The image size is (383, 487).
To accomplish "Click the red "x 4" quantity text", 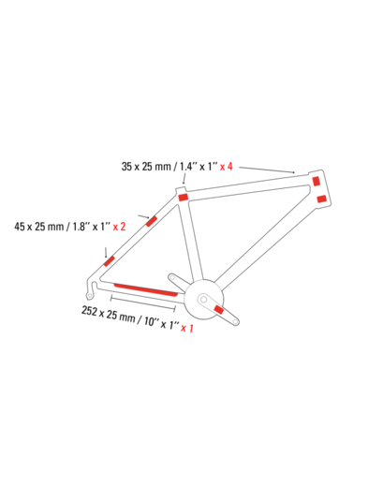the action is point(227,167).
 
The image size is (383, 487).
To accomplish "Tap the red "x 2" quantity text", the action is point(119,227).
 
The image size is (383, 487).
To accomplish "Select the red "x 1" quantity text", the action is point(187,328).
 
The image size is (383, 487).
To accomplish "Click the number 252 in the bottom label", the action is point(89,311).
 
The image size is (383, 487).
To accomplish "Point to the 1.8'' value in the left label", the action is point(79,227).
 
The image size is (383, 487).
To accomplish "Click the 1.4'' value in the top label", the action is point(186,167).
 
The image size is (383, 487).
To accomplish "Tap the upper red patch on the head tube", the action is point(317,181).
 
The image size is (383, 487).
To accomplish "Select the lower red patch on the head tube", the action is point(321,199).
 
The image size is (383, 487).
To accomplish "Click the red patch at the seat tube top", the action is point(183,198).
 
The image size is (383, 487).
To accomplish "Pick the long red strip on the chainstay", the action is point(146,290).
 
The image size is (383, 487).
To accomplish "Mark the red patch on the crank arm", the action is point(218,310).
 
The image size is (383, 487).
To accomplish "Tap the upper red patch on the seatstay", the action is point(152,221).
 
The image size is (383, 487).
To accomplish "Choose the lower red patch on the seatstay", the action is point(110,261).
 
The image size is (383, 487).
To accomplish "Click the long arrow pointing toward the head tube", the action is point(267,170).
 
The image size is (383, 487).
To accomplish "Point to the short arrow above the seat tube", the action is point(184,179).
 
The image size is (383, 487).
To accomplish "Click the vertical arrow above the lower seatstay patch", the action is point(106,253).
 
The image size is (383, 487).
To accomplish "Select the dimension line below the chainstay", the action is point(143,303).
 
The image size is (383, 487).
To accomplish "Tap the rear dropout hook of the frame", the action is point(90,289).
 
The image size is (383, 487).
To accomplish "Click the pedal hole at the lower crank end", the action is point(235,321).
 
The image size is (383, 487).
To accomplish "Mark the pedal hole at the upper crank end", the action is point(171,277).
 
